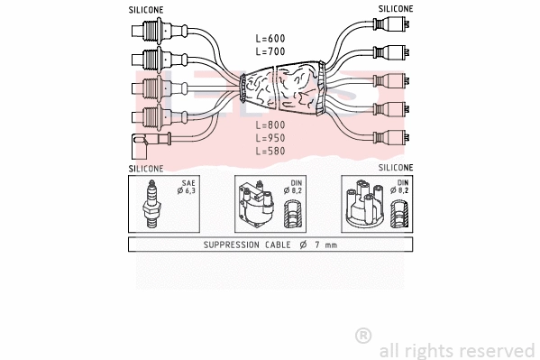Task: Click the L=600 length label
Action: click(270, 38)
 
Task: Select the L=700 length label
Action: click(270, 53)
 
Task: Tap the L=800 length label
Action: click(270, 125)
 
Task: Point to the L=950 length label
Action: click(270, 138)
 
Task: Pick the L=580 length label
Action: click(270, 152)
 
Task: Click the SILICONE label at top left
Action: click(145, 8)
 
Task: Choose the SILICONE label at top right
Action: click(395, 8)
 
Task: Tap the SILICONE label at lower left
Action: click(145, 169)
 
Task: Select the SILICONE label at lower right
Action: click(395, 169)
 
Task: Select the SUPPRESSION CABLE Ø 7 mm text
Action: click(270, 245)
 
